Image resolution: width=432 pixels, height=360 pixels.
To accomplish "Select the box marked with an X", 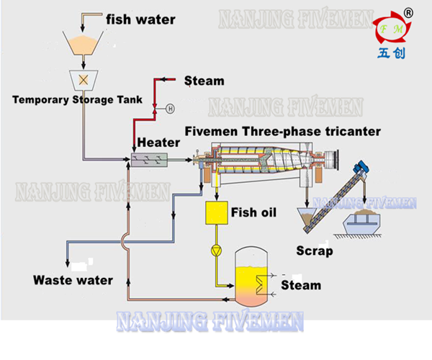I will coord(84,78).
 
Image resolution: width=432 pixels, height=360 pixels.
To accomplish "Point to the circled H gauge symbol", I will coord(171,109).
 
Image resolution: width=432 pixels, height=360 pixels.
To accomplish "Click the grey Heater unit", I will coord(147,160).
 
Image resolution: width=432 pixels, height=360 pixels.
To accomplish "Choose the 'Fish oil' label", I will coord(256,212).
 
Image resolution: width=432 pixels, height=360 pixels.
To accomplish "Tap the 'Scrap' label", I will coord(315,251).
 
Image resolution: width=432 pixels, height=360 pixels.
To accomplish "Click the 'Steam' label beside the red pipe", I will coord(204,81).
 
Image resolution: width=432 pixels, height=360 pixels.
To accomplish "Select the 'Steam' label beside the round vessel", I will coord(300,286).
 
